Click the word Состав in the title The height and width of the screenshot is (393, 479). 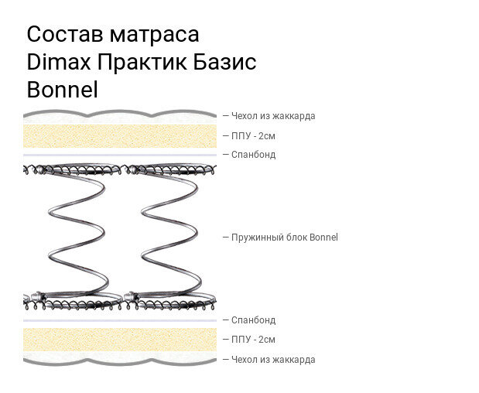click(x=64, y=35)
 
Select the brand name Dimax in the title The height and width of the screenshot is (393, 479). click(x=60, y=63)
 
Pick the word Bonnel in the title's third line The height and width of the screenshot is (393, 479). click(x=62, y=90)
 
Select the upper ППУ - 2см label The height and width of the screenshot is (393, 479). click(x=253, y=136)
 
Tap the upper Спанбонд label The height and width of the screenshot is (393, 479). click(x=253, y=155)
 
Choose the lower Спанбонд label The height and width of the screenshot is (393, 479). click(x=253, y=320)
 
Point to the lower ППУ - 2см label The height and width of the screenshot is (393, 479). click(x=253, y=340)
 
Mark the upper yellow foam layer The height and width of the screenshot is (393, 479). click(x=119, y=137)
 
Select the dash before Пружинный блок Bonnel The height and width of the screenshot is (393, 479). click(x=226, y=238)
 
